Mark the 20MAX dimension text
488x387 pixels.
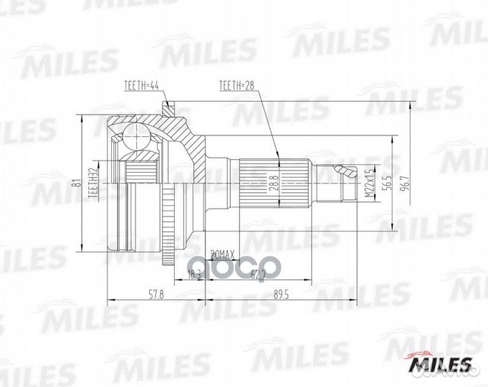click(223, 254)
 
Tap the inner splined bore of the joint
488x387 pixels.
click(143, 172)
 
